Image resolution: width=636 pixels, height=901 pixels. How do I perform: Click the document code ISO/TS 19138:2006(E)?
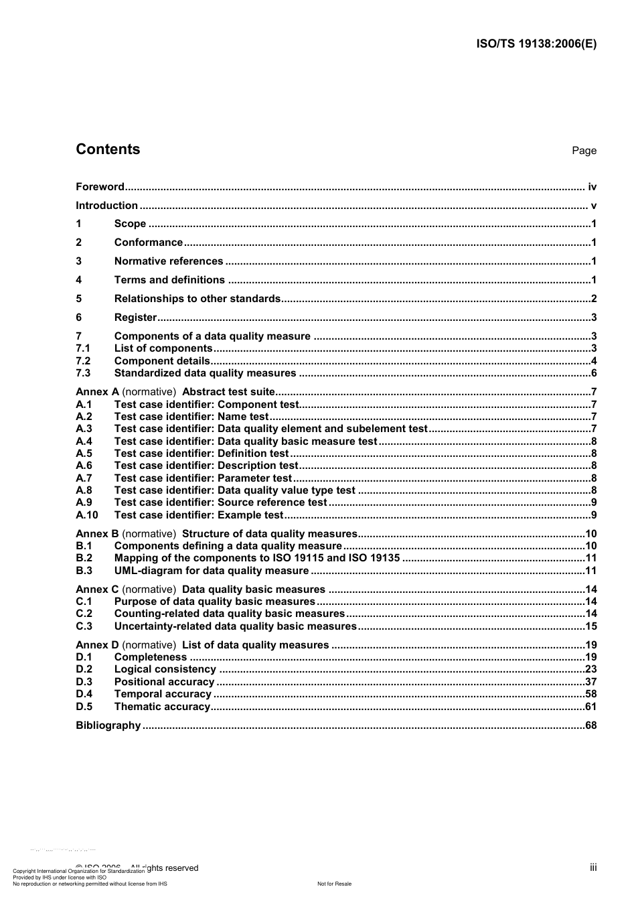coord(536,44)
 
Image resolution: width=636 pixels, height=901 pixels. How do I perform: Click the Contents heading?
coord(108,149)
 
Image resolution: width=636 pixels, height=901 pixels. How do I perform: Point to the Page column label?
coord(584,151)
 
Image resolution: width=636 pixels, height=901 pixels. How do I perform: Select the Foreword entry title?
coord(100,187)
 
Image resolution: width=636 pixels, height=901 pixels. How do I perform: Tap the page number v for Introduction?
coord(593,206)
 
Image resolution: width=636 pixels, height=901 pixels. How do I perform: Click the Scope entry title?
coord(130,224)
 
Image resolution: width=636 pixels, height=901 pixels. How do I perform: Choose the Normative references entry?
coord(169,261)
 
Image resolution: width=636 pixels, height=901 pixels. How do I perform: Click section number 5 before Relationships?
coord(79,299)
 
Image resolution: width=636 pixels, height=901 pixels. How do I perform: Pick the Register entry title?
coord(135,318)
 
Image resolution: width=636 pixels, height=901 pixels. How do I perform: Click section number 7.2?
coord(83,361)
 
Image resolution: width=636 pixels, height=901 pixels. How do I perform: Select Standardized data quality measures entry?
coord(205,373)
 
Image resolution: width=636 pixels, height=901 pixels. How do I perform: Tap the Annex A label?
coord(97,392)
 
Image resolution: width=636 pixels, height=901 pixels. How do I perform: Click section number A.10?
coord(86,515)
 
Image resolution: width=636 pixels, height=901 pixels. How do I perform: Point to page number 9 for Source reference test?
coord(594,502)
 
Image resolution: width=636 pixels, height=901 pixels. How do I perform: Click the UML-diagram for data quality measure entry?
coord(212,571)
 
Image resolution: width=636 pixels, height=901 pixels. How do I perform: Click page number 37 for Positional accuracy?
coord(590,682)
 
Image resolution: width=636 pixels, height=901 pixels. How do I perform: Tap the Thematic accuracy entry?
coord(162,707)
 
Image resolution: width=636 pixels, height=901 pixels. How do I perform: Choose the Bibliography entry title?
coord(108,725)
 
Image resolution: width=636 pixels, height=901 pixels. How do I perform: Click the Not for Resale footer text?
coord(334,884)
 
